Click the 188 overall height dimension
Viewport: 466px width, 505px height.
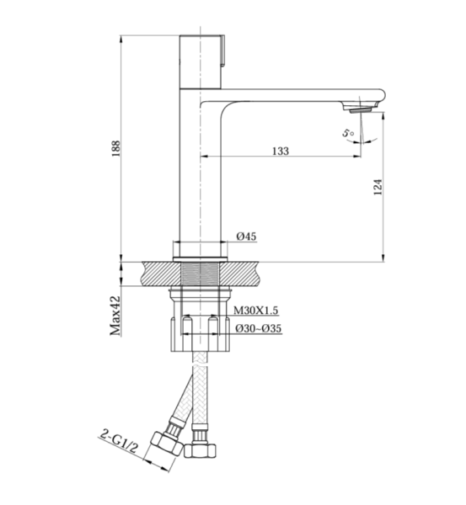click(116, 148)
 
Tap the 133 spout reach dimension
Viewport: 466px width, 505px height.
click(281, 151)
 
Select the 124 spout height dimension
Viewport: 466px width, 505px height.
click(378, 187)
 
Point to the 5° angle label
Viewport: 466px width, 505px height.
click(348, 133)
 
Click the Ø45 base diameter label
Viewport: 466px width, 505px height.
click(246, 237)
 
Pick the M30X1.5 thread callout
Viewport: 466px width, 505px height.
click(255, 310)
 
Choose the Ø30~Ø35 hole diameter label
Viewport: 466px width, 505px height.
click(259, 328)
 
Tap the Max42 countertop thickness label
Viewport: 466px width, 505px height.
click(115, 316)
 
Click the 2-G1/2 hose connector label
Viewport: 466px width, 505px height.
click(119, 441)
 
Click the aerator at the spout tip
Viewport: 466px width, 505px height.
click(360, 110)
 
